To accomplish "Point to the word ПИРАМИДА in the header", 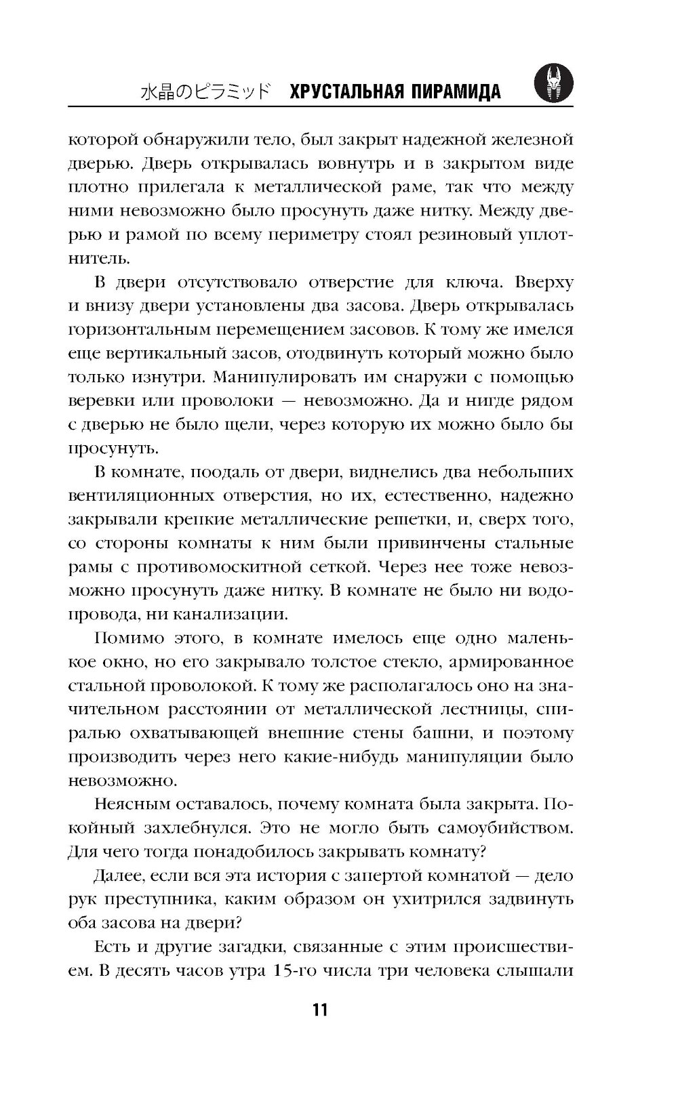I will [456, 91].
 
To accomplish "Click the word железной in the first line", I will [525, 140].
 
